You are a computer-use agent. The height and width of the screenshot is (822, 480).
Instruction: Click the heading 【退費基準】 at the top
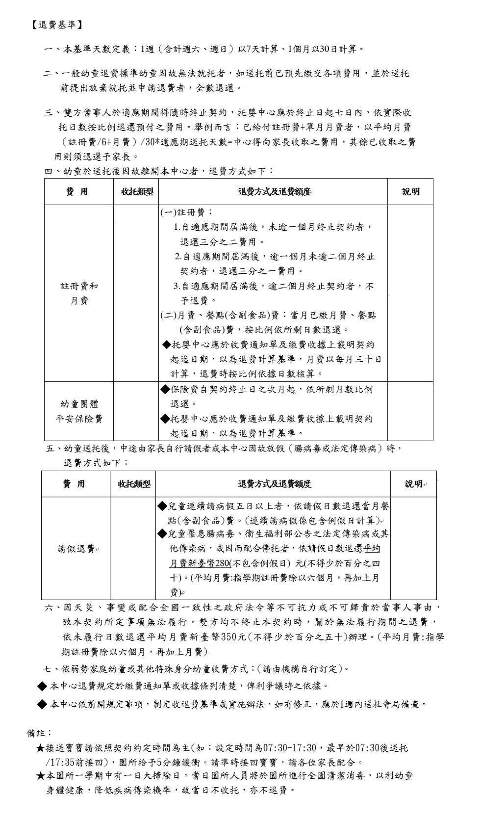[x=54, y=25]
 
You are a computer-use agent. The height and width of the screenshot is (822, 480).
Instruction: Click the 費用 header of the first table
[x=77, y=192]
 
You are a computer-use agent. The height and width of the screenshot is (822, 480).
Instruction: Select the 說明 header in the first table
[x=410, y=192]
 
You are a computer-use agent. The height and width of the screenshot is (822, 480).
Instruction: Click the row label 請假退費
[x=76, y=549]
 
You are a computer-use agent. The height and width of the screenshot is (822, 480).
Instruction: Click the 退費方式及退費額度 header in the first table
[x=275, y=192]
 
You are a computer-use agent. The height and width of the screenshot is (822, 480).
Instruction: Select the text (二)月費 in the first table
[x=178, y=315]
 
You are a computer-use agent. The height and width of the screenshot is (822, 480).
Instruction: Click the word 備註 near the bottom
[x=38, y=733]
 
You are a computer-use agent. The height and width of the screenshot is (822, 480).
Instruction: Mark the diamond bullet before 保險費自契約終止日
[x=165, y=389]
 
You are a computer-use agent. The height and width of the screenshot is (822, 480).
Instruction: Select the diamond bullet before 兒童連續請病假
[x=162, y=506]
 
